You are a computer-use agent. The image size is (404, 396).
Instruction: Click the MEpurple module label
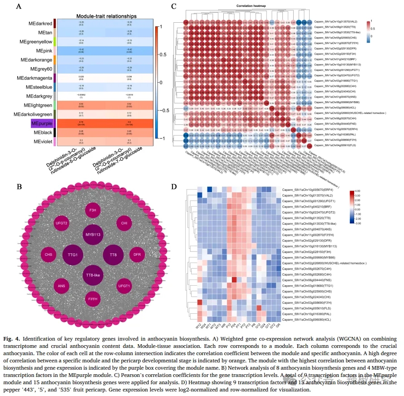click(42, 123)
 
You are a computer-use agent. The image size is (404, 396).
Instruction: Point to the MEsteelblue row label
click(39, 87)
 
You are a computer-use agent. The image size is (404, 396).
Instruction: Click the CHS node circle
click(48, 254)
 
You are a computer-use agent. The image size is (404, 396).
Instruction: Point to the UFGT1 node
click(124, 286)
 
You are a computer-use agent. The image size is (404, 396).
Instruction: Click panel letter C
click(174, 6)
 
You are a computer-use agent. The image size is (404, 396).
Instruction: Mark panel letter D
click(174, 187)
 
